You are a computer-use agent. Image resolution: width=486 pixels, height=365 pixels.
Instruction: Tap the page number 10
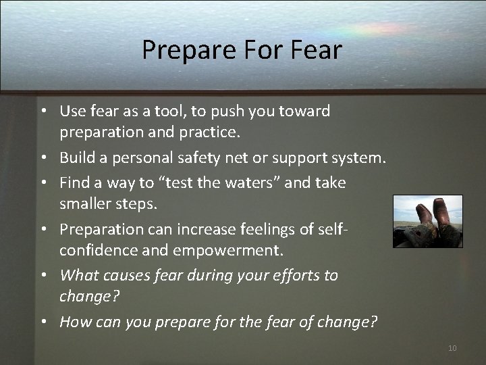452,348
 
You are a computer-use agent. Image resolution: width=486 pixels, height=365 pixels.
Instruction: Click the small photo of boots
427,221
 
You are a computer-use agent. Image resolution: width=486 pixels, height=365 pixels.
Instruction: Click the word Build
76,157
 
